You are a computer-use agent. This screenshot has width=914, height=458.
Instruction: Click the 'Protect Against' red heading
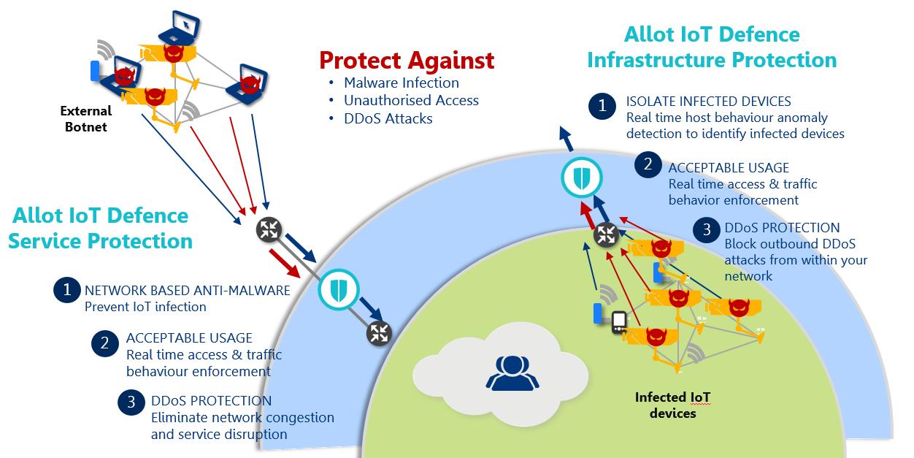click(407, 61)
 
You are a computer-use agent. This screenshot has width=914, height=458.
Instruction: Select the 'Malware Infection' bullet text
click(401, 83)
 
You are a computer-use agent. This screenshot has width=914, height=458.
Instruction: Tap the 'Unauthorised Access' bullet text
click(411, 100)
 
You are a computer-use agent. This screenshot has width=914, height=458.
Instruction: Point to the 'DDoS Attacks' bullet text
click(388, 118)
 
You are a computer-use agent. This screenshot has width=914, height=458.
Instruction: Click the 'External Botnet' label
click(85, 119)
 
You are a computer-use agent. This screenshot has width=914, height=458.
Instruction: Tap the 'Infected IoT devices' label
click(672, 405)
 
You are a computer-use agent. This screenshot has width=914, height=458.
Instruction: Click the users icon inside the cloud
click(512, 373)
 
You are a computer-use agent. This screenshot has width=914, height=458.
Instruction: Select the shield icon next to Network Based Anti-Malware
click(338, 289)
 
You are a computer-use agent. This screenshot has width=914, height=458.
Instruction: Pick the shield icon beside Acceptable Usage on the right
click(581, 178)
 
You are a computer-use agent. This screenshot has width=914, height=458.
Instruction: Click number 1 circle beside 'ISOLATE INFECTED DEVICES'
click(602, 106)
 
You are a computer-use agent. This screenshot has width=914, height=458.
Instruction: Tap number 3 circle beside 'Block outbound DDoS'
click(707, 229)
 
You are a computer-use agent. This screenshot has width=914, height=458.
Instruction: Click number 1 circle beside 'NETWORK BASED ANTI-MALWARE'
click(67, 290)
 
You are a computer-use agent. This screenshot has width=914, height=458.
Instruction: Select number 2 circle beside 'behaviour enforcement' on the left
click(105, 343)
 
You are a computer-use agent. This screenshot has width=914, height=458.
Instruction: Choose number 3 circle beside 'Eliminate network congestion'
click(131, 402)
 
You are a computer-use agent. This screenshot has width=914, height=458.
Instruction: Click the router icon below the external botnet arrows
click(269, 229)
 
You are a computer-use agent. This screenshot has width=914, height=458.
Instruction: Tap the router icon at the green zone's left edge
click(379, 334)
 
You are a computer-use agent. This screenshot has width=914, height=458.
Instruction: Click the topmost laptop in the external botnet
click(180, 28)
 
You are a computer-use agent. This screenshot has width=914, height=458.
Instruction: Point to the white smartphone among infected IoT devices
click(619, 322)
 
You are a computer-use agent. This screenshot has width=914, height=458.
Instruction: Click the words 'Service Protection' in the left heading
click(100, 241)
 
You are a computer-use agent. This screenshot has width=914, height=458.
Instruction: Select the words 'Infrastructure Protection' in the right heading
click(712, 60)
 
